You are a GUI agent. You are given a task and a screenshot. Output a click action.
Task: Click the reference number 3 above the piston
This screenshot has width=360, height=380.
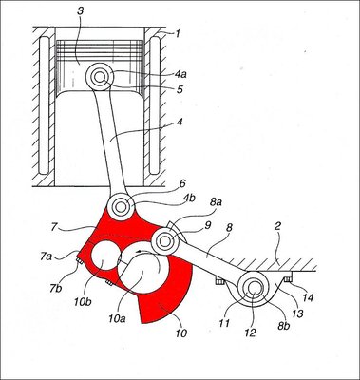coord(80,11)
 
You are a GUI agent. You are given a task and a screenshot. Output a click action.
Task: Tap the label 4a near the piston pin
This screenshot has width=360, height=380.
coord(180,74)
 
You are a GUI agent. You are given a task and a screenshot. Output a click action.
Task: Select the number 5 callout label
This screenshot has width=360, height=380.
coord(180,89)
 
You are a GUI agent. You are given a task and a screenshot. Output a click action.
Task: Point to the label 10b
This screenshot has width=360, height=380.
coord(84,301)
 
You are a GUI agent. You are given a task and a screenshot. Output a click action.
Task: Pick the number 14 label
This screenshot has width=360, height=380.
coord(308,297)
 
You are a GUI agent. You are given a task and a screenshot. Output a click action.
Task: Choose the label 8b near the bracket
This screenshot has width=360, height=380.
coord(284,325)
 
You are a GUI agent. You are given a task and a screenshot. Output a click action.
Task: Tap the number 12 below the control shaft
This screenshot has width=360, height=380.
coord(250,333)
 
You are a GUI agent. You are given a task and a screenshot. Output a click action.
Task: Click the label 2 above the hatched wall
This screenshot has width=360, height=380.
coord(277,227)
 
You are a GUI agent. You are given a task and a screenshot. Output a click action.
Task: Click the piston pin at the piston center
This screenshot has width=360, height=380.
coord(100,77)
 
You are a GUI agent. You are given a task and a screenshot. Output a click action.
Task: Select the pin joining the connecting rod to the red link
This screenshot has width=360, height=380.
coord(121,207)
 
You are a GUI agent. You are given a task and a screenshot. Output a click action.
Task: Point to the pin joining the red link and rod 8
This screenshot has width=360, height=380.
coord(164,241)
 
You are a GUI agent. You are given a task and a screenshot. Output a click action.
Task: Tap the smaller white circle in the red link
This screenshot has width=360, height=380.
coord(105,256)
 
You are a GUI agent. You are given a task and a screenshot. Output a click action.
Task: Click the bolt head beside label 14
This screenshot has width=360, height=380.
coord(287,278)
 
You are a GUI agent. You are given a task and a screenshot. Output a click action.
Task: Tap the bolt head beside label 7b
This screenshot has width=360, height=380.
coord(78,261)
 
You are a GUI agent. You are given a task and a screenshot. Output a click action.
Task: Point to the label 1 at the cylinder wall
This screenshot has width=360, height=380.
coord(177,34)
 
